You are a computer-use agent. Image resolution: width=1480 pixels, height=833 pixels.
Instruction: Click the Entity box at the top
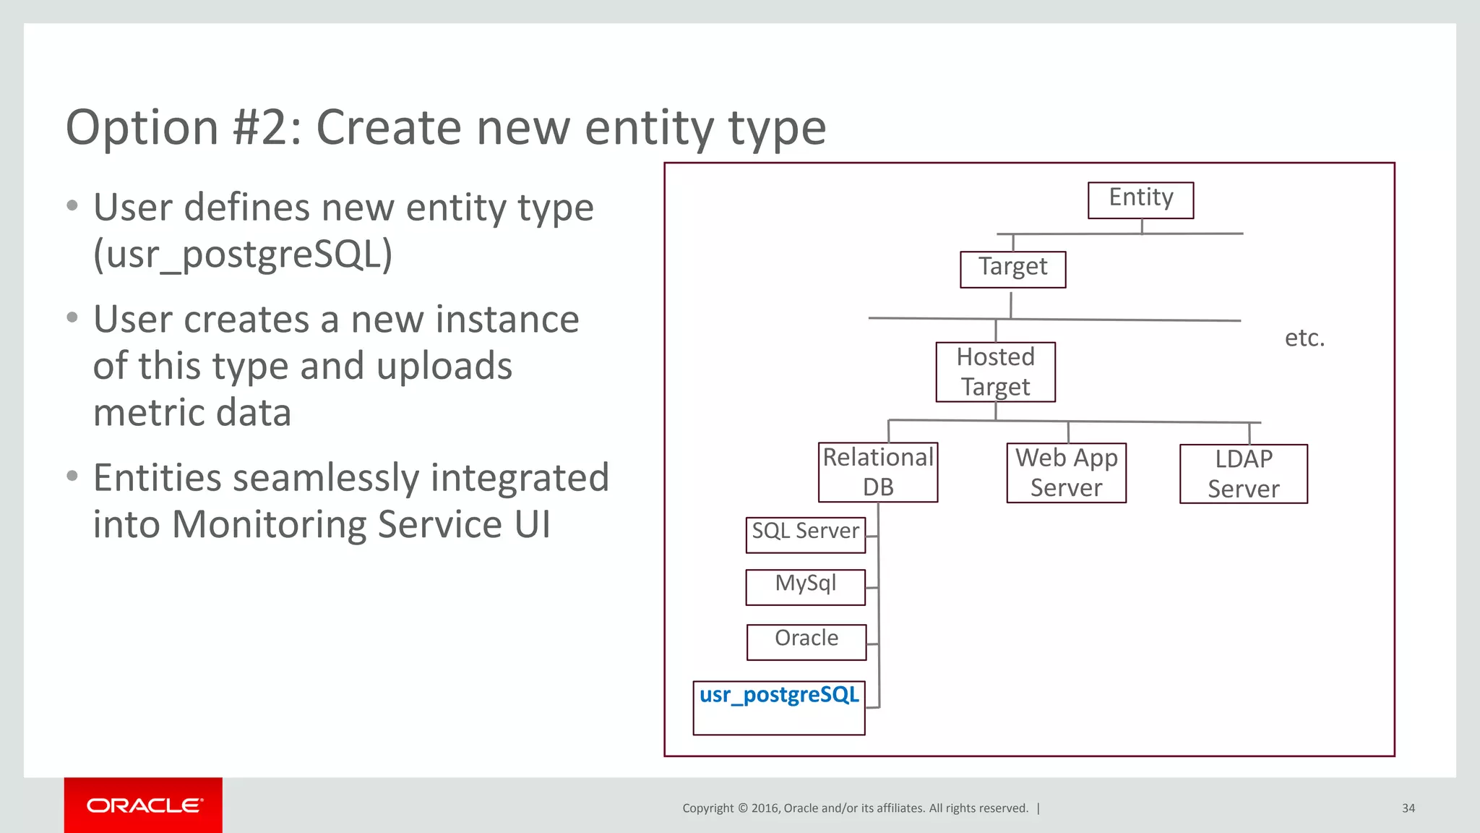(1140, 200)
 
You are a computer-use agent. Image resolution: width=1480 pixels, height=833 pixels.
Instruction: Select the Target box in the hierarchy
(1012, 269)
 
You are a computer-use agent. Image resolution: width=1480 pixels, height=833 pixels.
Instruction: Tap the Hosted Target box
(995, 372)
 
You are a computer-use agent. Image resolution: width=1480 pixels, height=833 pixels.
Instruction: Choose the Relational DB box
(878, 472)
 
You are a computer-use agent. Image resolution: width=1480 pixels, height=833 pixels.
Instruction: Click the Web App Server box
(1066, 473)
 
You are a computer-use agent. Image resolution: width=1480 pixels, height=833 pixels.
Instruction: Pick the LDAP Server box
(1243, 474)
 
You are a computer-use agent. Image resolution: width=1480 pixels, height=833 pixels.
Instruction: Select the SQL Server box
(805, 534)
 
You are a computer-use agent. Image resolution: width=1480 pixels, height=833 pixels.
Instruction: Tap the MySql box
(805, 586)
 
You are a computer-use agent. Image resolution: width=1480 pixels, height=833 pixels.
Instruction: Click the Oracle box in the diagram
(806, 641)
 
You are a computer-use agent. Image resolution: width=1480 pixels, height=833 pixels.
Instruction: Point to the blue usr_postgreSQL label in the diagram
(779, 695)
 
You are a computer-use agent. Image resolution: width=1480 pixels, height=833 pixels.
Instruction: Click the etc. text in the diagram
(1304, 338)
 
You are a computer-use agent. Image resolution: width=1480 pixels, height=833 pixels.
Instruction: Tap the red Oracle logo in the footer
(143, 806)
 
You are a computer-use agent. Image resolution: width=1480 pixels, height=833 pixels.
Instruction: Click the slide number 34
(1408, 808)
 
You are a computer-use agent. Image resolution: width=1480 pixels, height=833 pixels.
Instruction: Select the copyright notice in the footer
(855, 808)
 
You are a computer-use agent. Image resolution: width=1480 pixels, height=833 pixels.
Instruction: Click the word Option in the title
(142, 128)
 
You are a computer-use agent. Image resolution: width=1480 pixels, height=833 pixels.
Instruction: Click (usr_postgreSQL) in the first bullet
(243, 255)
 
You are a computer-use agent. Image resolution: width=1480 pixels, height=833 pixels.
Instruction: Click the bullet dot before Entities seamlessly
(72, 477)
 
